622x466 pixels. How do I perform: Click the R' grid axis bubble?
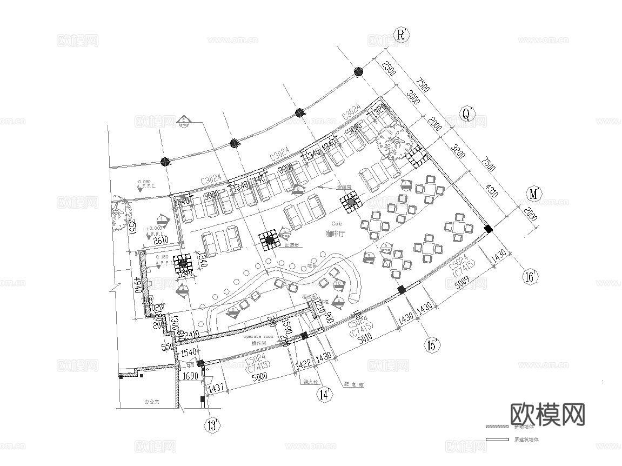[402, 36]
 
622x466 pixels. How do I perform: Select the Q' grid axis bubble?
[466, 114]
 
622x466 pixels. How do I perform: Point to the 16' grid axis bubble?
[531, 277]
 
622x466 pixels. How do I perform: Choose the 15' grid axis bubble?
[432, 344]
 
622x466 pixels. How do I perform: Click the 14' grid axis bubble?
[324, 395]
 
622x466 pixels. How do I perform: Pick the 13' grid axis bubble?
[213, 425]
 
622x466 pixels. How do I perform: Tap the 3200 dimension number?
[459, 155]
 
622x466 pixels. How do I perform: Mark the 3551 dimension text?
[130, 228]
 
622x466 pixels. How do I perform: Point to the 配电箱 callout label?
[354, 385]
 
